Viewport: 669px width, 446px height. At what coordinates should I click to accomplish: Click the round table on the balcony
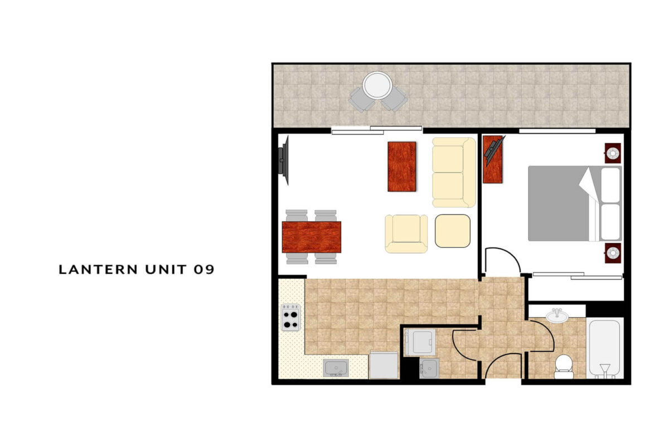(377, 85)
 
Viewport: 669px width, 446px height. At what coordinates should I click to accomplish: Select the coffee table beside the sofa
(402, 166)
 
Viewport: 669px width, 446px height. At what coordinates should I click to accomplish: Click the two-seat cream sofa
(454, 172)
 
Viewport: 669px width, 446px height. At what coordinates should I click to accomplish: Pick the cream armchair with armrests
(406, 234)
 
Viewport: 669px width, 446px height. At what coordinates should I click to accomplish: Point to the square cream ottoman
(453, 231)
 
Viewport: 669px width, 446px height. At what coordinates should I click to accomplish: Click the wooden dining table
(312, 237)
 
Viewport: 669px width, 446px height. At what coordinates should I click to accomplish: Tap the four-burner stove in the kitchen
(291, 318)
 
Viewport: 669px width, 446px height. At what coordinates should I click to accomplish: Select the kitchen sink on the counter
(336, 368)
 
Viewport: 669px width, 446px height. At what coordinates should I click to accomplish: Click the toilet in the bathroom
(564, 366)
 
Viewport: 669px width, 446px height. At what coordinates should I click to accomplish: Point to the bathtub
(605, 349)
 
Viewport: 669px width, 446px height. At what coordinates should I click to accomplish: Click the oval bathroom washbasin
(557, 316)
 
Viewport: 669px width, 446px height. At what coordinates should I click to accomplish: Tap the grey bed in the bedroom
(575, 203)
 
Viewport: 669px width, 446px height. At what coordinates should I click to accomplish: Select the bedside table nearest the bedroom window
(613, 153)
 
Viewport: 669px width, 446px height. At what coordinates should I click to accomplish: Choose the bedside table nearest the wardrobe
(613, 253)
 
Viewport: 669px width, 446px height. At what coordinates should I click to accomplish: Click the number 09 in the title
(204, 269)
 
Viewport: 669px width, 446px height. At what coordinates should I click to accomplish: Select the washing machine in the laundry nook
(420, 342)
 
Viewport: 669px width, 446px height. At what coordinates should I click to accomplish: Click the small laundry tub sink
(429, 369)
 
